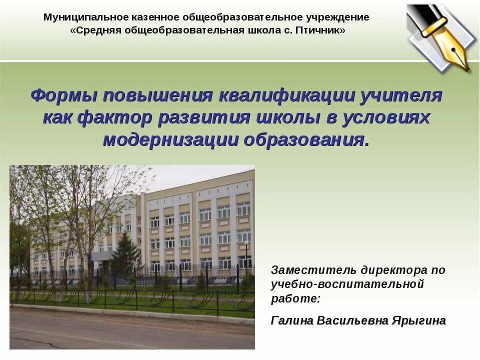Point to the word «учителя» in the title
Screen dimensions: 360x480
coord(400,95)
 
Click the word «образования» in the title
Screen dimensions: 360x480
coord(306,139)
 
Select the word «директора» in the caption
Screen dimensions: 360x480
coord(389,271)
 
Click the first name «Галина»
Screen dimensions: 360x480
coord(291,320)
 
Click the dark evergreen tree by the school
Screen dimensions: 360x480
coord(125,255)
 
